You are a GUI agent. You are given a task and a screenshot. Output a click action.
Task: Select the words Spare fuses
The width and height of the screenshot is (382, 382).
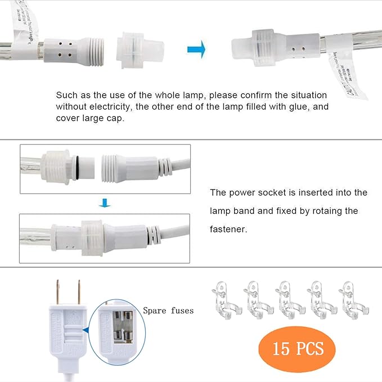[x=168, y=311]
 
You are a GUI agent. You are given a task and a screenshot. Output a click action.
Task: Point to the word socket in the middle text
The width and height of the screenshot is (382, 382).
[x=271, y=192]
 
